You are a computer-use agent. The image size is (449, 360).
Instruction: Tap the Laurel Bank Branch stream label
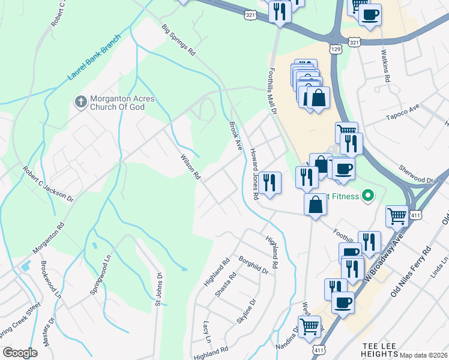(94, 58)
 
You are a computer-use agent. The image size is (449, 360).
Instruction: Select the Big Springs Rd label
(179, 40)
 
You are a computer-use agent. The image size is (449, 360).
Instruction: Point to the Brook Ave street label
(235, 136)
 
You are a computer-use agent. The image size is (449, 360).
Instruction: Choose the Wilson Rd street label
(190, 167)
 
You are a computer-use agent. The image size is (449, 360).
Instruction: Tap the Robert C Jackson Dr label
(48, 184)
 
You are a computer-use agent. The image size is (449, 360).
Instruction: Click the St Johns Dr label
(160, 290)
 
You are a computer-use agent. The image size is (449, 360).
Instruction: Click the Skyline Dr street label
(247, 311)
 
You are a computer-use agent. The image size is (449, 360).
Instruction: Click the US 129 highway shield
(335, 47)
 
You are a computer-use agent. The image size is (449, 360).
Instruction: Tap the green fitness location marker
(369, 196)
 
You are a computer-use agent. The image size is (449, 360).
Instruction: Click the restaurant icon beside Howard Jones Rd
(270, 182)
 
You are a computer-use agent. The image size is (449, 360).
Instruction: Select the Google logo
(20, 353)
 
